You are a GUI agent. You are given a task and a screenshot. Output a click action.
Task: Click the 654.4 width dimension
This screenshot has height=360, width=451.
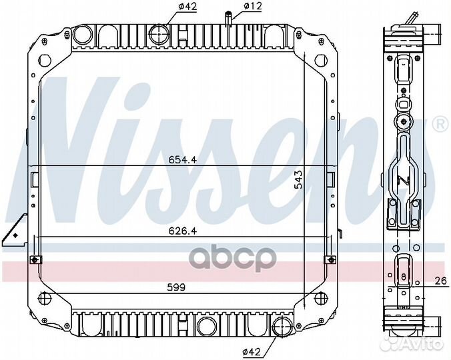(183, 160)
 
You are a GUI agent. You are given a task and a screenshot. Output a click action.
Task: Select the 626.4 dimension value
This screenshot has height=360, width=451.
(183, 231)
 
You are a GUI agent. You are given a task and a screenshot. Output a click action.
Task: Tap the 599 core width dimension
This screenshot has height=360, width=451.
(176, 287)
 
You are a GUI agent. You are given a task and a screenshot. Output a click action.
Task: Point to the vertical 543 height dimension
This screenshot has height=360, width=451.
(299, 179)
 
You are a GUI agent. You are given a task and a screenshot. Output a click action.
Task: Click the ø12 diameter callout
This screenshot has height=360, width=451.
(253, 6)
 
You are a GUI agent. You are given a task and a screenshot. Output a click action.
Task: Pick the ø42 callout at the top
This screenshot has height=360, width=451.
(187, 6)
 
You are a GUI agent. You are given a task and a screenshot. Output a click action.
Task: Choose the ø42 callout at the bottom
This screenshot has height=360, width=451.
(252, 351)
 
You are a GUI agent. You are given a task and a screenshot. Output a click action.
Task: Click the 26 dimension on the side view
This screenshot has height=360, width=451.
(440, 281)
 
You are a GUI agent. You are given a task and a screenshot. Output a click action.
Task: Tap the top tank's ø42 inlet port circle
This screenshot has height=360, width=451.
(159, 34)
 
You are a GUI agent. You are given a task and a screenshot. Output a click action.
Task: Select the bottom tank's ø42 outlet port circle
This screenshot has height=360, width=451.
(282, 327)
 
